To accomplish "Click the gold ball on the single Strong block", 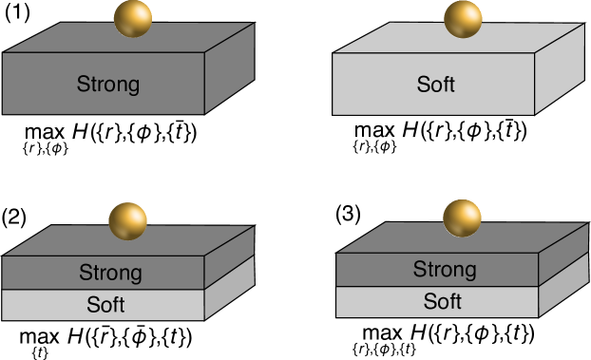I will [132, 19].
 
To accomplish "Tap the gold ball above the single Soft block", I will [463, 19].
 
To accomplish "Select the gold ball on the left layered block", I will [127, 221].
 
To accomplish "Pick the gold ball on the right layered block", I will [462, 218].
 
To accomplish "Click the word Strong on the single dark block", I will [107, 85].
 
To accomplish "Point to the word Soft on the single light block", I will [436, 85].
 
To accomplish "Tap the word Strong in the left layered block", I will [110, 274].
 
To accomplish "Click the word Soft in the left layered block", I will [105, 306].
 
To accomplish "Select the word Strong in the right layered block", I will [444, 270].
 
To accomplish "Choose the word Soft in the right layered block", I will [442, 302].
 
